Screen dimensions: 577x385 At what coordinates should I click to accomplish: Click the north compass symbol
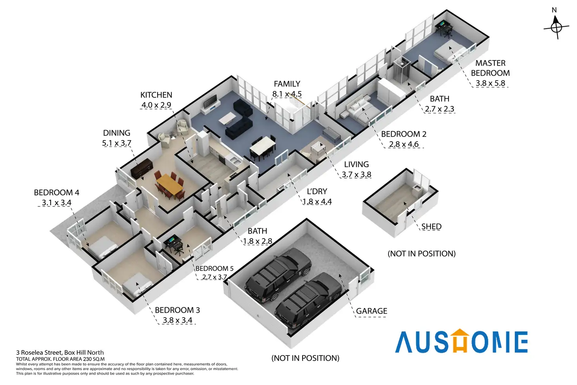tap(556, 27)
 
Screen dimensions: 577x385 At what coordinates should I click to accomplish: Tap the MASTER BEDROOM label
tap(490, 68)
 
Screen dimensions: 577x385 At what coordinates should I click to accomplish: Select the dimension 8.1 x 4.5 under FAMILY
tap(287, 94)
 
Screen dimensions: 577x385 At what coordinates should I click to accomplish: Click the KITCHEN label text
tap(156, 95)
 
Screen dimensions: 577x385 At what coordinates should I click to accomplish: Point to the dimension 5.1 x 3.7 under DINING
tap(116, 143)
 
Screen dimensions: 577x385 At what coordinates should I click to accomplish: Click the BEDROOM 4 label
tap(56, 193)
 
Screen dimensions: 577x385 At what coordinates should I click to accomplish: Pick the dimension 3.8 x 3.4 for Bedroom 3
tap(178, 320)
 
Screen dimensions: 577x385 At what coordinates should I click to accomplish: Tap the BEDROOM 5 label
tap(214, 268)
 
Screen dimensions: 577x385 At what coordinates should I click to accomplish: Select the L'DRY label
tap(317, 192)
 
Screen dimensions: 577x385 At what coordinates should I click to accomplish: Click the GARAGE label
tap(371, 311)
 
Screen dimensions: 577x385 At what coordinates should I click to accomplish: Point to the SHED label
tap(431, 227)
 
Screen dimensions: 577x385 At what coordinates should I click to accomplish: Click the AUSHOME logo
tap(461, 341)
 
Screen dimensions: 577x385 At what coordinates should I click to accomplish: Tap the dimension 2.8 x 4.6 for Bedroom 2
tap(403, 144)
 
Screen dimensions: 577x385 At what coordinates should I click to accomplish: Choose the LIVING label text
tap(356, 164)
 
